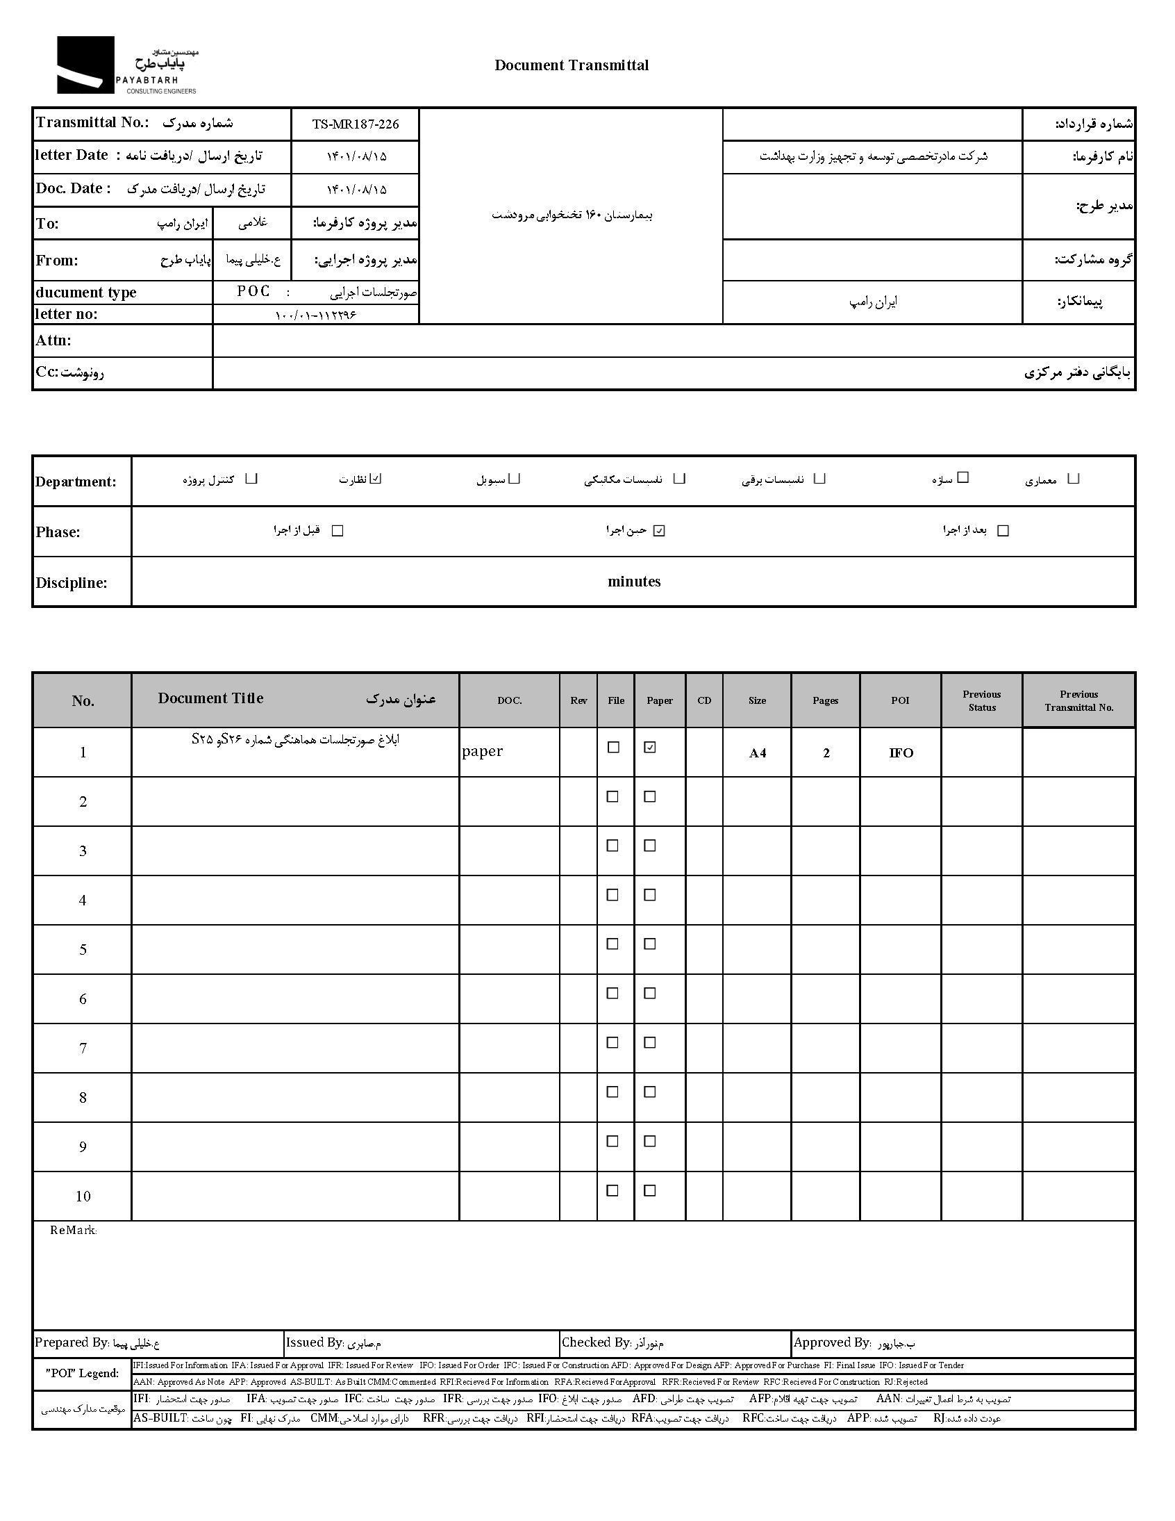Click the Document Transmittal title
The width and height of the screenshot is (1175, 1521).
point(572,65)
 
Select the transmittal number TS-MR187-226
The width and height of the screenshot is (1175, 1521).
point(355,124)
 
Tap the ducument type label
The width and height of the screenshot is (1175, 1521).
point(86,293)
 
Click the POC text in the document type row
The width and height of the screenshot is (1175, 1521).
point(253,291)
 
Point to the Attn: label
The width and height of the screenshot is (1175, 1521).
point(53,340)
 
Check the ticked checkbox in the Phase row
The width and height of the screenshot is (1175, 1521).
point(659,531)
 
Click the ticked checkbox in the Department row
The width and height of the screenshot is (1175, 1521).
point(376,479)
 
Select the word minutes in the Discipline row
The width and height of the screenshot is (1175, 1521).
point(633,582)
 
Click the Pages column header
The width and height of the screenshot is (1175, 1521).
point(825,700)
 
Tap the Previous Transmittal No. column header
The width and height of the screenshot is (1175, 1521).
point(1078,700)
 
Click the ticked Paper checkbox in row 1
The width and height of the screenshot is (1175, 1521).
point(650,747)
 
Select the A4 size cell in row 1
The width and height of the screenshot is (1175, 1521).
point(758,753)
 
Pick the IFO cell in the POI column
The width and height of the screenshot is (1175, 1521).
point(901,753)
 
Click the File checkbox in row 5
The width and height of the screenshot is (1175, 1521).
point(612,944)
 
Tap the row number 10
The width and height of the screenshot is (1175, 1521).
point(83,1197)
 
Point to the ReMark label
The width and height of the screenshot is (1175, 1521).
point(73,1231)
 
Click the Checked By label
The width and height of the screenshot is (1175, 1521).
point(596,1342)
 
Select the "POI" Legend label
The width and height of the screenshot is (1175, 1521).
point(82,1373)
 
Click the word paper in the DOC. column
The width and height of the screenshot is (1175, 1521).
point(483,750)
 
